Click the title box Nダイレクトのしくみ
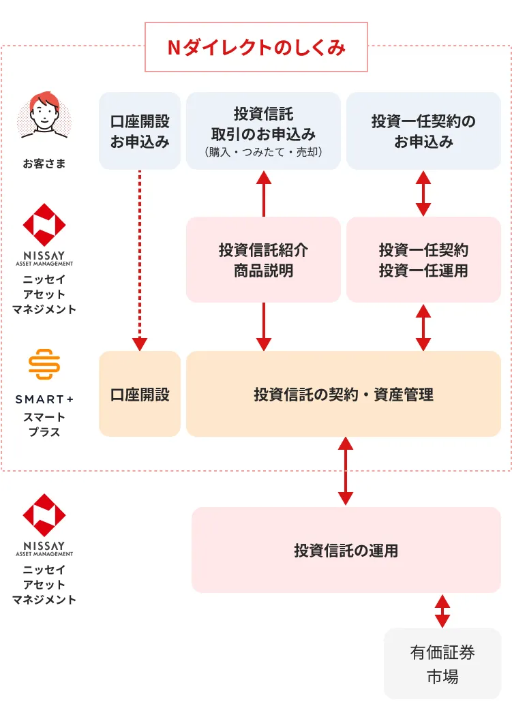256,47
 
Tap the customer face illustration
44,115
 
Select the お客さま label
44,164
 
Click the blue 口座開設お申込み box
140,131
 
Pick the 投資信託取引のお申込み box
264,131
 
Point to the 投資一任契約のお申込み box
423,131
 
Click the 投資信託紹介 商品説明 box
264,260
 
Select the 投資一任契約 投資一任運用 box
423,260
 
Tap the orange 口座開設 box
140,394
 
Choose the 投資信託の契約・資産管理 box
344,394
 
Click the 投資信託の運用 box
346,550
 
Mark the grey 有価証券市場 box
442,664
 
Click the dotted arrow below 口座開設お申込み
140,261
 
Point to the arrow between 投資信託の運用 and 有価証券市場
442,611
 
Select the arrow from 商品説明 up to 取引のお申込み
264,194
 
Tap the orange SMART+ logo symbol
44,364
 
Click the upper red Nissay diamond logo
44,225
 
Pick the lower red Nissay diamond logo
44,515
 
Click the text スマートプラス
44,425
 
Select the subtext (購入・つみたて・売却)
264,152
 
